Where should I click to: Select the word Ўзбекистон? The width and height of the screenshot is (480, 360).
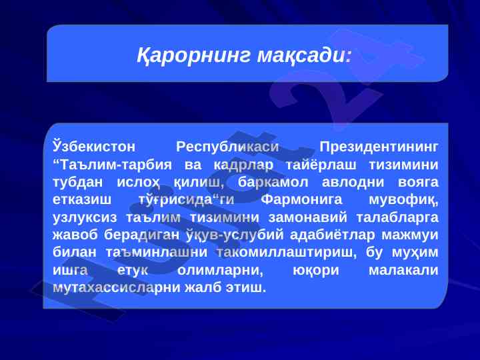(x=94, y=146)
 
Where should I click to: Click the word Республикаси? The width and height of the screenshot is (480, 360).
(x=227, y=147)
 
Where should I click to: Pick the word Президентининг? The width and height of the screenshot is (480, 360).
(x=379, y=147)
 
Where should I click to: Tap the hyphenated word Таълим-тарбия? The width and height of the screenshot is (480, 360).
(x=113, y=165)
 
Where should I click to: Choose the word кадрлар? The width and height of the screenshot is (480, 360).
(x=243, y=165)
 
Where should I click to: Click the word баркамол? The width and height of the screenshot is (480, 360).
(x=273, y=183)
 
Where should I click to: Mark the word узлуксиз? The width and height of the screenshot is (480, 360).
(x=85, y=218)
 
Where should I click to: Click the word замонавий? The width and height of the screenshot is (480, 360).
(x=307, y=218)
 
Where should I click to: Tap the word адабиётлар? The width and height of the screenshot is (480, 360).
(x=332, y=235)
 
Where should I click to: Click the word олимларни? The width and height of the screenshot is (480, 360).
(x=220, y=271)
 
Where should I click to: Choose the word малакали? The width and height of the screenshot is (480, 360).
(x=403, y=271)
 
